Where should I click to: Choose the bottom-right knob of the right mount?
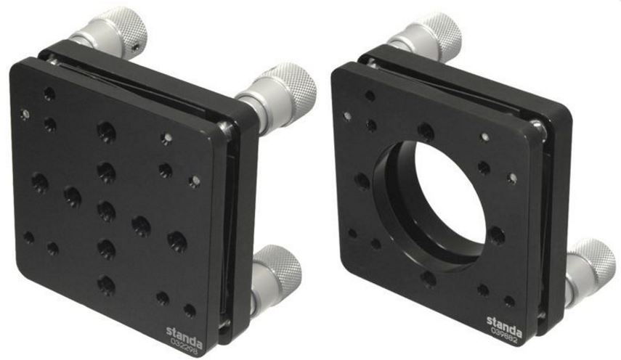point(592,260)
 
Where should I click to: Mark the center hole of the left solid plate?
point(107,211)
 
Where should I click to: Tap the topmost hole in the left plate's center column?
point(106,131)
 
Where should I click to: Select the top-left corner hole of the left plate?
point(49,94)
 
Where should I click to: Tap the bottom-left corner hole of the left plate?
point(29,237)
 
